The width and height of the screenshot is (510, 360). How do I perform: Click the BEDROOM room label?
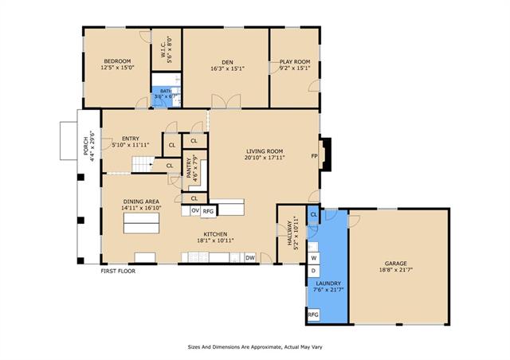coord(117,61)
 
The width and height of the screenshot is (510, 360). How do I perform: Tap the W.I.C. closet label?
coord(163,49)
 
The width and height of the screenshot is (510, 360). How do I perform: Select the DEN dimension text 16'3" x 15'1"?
coord(227,68)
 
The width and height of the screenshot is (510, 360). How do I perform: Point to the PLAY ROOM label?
coord(295,62)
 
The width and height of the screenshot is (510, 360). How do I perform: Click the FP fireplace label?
coord(314,156)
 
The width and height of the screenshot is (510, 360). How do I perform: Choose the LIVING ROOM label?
coord(265,151)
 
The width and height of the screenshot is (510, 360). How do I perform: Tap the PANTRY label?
coord(189,168)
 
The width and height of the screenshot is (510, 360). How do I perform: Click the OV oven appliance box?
coord(194,211)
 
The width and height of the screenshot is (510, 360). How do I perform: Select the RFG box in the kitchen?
coord(208,211)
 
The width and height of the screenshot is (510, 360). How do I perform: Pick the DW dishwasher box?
coord(250,258)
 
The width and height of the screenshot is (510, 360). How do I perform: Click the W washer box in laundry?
coord(313,258)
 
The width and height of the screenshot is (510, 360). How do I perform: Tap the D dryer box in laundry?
coord(313,271)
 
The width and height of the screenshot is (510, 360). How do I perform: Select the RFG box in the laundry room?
coord(313,315)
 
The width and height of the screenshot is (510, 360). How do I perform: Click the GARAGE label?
coord(395,264)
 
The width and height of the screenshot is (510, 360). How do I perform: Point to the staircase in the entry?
coord(143,164)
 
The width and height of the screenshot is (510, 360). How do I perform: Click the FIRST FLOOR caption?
coord(118,271)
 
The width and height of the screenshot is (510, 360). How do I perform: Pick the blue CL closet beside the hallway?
coord(313,214)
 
